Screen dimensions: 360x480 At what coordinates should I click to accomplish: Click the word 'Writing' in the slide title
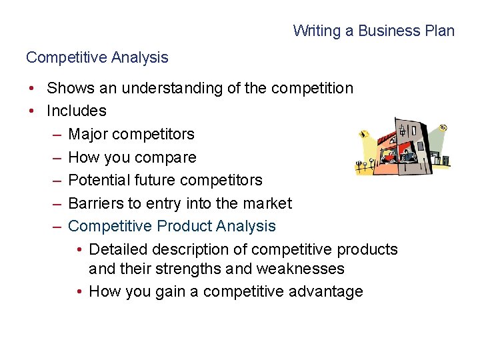(x=315, y=31)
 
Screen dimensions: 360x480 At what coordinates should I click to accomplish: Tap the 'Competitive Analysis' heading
(x=97, y=57)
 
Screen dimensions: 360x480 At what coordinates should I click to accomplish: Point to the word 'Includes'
(x=77, y=111)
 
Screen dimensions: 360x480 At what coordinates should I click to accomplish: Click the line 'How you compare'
(x=132, y=157)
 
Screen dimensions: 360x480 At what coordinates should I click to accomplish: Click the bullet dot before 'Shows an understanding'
(x=31, y=88)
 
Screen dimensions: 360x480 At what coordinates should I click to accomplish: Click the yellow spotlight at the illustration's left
(x=363, y=135)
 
